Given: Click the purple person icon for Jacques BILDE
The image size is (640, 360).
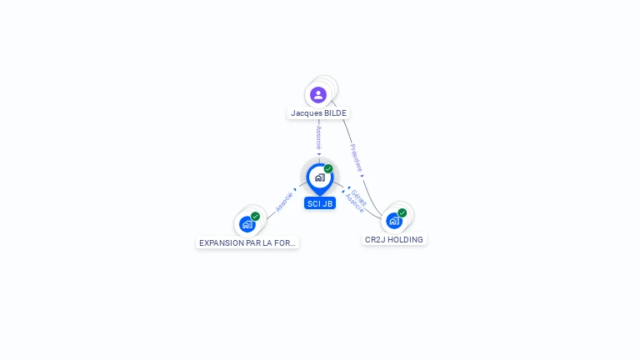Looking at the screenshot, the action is [x=318, y=94].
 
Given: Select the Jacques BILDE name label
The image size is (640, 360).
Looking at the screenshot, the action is [x=318, y=113].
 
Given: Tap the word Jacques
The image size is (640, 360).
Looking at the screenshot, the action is [x=305, y=113].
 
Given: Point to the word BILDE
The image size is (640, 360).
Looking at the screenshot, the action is [x=334, y=113].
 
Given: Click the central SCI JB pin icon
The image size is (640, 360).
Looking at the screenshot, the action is [x=319, y=177].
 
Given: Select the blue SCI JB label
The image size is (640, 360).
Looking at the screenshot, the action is [x=320, y=203].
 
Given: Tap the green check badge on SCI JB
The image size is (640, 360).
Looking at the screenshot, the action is [x=328, y=168].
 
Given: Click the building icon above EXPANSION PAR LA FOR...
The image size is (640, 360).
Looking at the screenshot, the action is [x=247, y=224].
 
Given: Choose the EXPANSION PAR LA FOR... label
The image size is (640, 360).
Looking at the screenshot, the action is [x=247, y=243].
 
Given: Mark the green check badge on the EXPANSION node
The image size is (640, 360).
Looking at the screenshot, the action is [x=255, y=217].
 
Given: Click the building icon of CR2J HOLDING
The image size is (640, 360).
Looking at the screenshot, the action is [x=394, y=221].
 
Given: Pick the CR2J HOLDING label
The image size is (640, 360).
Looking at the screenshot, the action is [x=394, y=240].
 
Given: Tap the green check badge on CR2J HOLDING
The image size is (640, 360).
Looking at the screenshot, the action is [x=402, y=212].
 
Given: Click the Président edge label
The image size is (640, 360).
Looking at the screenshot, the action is [x=357, y=157].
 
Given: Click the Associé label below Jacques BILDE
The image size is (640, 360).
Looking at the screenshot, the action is [x=318, y=137].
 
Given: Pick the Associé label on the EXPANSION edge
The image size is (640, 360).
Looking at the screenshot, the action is [x=284, y=202].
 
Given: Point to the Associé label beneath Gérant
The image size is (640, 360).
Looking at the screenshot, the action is [x=354, y=203].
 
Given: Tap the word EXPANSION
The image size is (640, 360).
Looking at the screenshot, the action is [x=218, y=243].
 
